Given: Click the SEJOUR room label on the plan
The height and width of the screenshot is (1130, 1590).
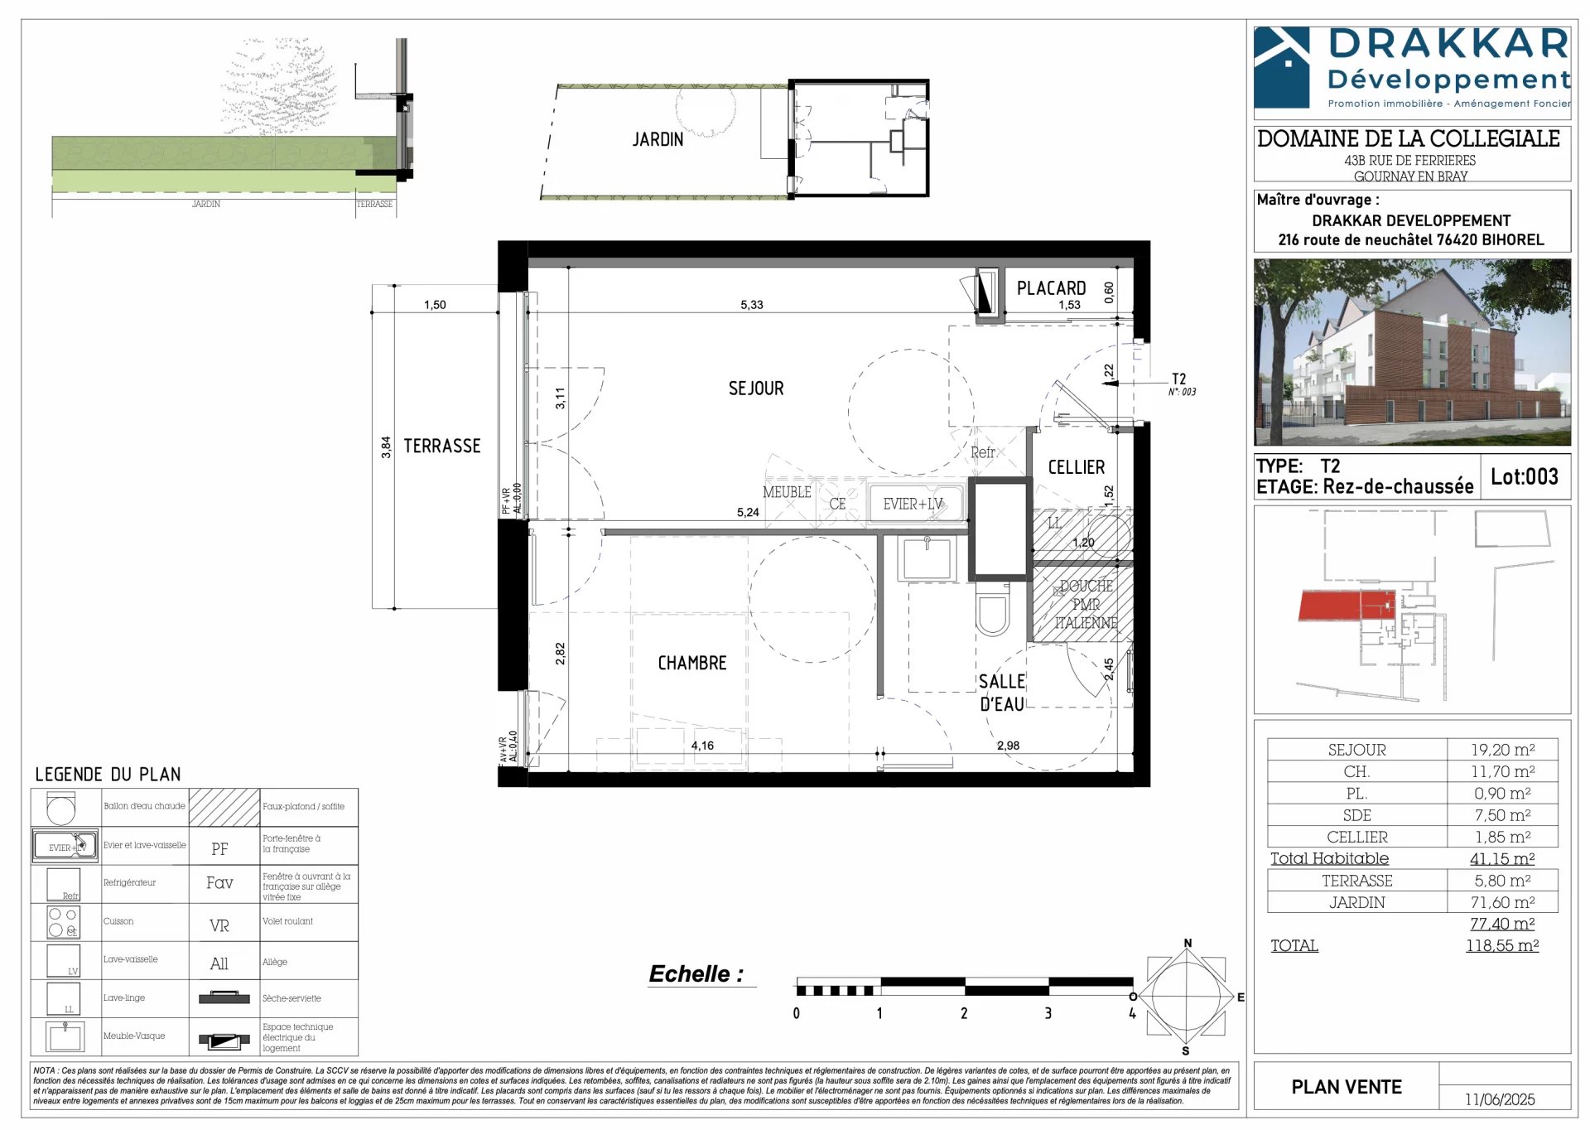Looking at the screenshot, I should point(755,389).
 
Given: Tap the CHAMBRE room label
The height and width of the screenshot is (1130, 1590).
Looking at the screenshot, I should point(691,664).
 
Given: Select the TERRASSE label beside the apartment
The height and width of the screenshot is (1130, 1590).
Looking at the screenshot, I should point(441,447).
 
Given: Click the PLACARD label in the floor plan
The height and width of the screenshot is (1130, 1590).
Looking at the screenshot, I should point(1051,288).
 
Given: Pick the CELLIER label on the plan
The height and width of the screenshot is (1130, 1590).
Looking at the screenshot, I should point(1076,467).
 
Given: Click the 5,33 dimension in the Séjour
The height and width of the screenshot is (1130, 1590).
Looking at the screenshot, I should point(751,305).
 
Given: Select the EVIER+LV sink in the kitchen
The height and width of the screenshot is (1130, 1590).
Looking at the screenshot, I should point(915,504).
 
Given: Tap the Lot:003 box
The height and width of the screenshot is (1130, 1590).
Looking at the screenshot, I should point(1524,476).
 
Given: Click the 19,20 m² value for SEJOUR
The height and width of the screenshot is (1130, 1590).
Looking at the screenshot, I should point(1502,750).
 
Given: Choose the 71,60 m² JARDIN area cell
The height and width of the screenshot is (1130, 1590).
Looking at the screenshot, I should point(1502,902).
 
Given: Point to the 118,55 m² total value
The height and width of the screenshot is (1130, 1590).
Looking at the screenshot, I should point(1501,945).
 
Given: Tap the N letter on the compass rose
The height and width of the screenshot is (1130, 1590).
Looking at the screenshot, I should point(1188,944).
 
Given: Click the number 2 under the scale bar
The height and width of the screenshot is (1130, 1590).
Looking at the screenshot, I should point(963,1013).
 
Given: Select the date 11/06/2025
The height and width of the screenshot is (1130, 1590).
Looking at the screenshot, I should point(1499,1099).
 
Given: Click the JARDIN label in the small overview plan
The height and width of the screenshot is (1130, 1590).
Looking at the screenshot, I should point(658,140).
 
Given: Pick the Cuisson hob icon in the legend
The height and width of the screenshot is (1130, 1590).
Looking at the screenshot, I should point(64,922).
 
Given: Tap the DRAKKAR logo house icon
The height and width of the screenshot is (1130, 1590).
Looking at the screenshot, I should point(1282,66).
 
